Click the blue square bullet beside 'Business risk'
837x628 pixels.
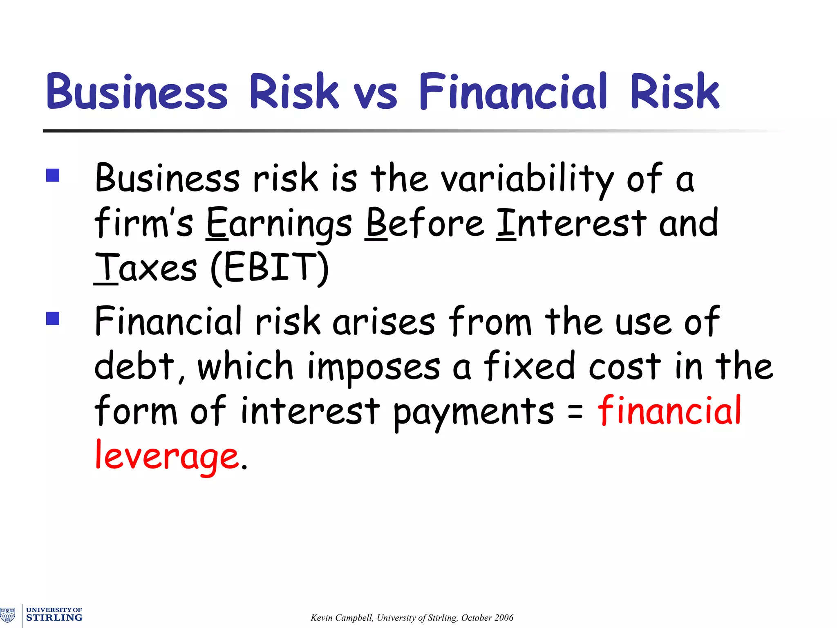(53, 175)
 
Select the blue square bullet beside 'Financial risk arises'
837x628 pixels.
(53, 318)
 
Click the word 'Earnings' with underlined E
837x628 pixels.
(279, 224)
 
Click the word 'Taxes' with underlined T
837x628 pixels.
(145, 268)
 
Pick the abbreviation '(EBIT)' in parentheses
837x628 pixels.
(270, 268)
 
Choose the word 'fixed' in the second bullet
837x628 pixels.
(530, 366)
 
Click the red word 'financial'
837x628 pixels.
(669, 411)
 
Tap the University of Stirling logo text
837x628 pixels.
(54, 615)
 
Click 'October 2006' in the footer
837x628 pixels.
(487, 618)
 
